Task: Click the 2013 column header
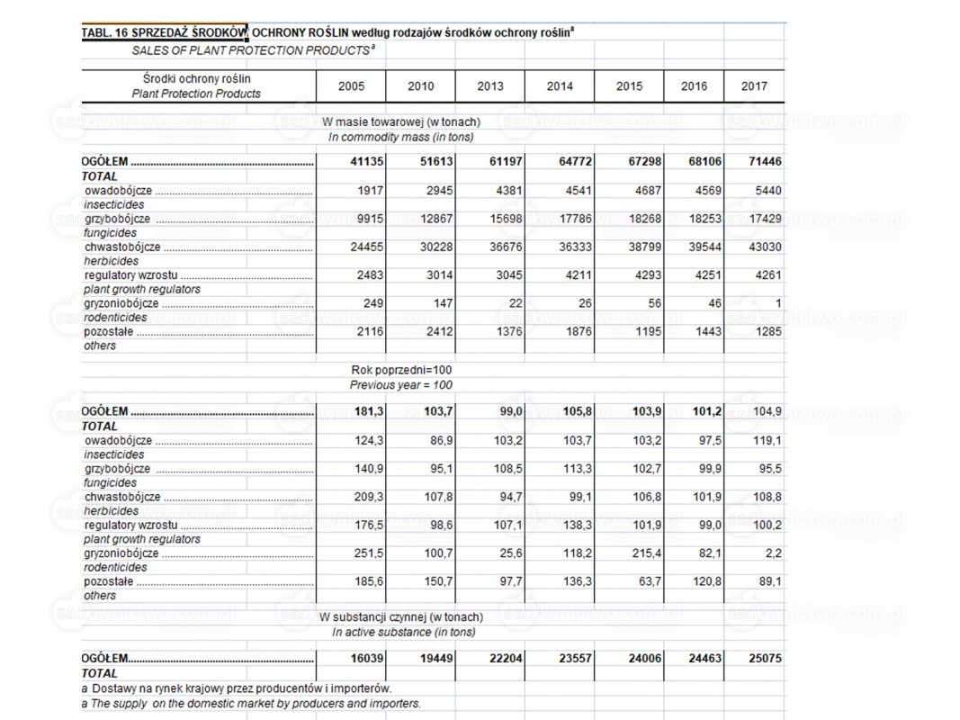coord(490,86)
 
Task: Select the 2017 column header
coord(754,86)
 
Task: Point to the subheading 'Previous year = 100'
coord(401,385)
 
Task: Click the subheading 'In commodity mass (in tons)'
coord(401,138)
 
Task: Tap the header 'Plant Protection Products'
coord(196,94)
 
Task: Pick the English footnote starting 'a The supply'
coord(251,703)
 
